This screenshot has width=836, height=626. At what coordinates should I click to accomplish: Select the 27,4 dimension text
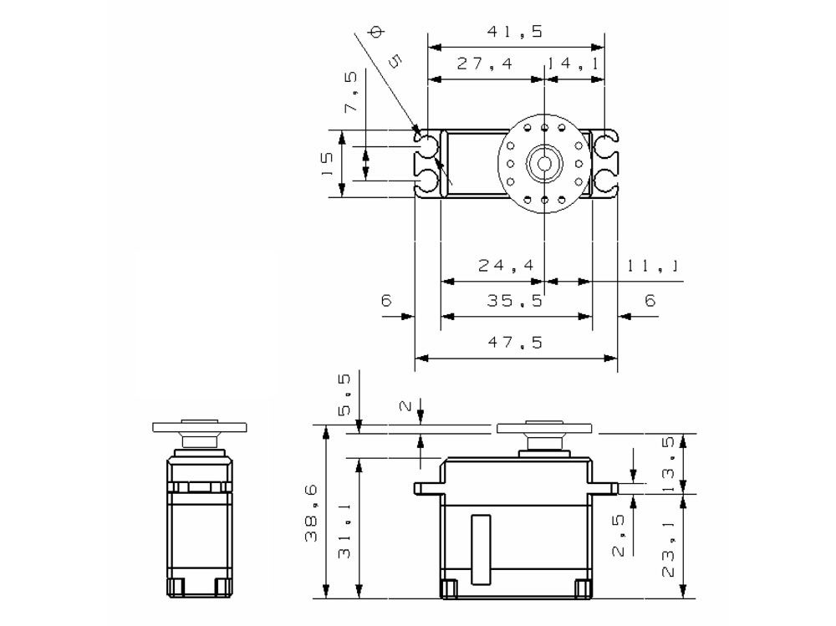pos(485,64)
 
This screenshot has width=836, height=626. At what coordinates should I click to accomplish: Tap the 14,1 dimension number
pos(573,64)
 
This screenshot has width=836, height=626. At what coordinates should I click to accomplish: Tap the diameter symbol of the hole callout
pos(375,33)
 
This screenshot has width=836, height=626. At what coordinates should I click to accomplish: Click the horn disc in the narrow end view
pos(201,426)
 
